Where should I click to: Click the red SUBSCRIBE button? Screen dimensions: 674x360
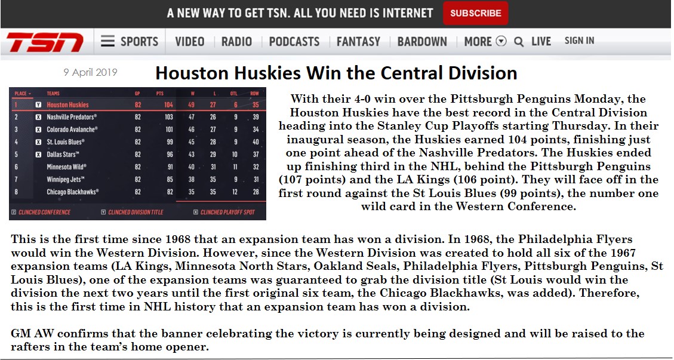[475, 13]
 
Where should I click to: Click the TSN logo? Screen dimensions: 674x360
[45, 42]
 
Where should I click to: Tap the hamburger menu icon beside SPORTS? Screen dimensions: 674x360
[107, 41]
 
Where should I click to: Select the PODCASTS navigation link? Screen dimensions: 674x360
[294, 42]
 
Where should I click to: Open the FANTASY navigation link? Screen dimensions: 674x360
[359, 42]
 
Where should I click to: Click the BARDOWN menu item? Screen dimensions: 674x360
[422, 42]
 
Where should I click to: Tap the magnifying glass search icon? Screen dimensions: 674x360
[519, 42]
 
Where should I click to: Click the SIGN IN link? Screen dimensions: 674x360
[580, 41]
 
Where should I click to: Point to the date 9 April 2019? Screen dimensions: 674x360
[90, 72]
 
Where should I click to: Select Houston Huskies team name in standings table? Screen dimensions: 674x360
[67, 104]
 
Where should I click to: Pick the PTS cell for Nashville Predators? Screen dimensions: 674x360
[168, 116]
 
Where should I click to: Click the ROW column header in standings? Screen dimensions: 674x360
[254, 93]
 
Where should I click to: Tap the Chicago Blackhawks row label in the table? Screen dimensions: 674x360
[72, 192]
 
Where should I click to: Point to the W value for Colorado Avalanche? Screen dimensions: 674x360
[191, 129]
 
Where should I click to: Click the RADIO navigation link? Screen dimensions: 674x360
[236, 42]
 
